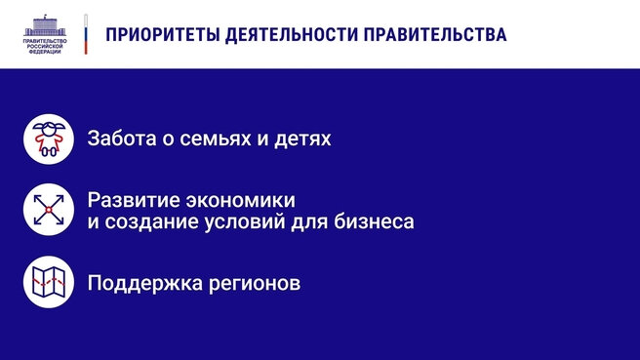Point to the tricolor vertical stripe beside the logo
tap(87, 33)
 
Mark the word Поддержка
tap(137, 284)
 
